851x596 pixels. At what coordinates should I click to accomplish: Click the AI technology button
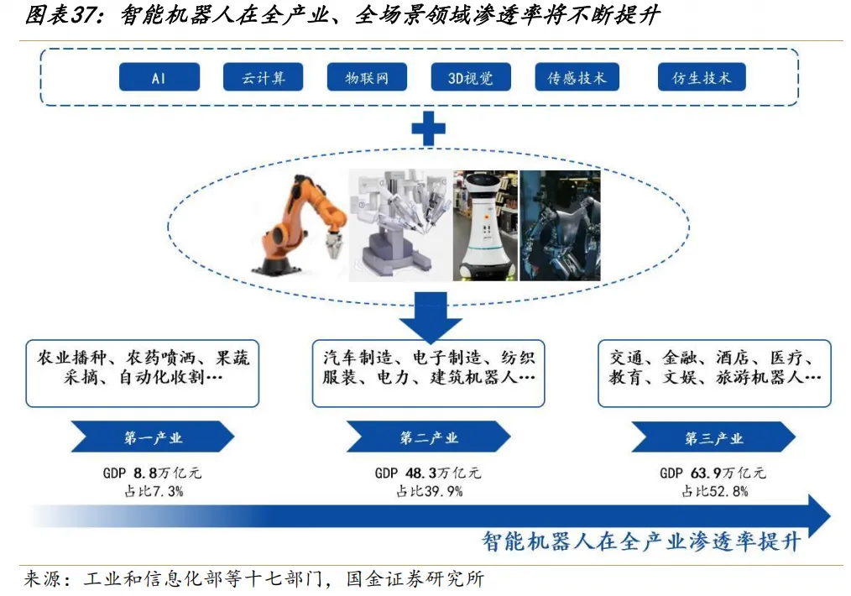159,78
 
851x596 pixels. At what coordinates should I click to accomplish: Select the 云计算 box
264,78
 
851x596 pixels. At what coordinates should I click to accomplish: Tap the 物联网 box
368,78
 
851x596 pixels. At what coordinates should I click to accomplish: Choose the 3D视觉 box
472,78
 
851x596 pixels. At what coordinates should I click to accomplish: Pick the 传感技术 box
577,78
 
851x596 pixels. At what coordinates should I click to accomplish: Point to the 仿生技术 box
702,78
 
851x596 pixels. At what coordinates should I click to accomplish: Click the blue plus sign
428,128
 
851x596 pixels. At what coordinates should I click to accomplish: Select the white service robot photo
485,225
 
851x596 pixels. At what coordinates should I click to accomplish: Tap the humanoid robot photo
560,225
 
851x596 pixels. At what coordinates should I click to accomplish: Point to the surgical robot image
400,225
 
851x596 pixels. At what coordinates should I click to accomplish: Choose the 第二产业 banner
429,437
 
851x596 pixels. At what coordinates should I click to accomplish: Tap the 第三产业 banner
713,437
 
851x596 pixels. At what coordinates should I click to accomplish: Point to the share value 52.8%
727,491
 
